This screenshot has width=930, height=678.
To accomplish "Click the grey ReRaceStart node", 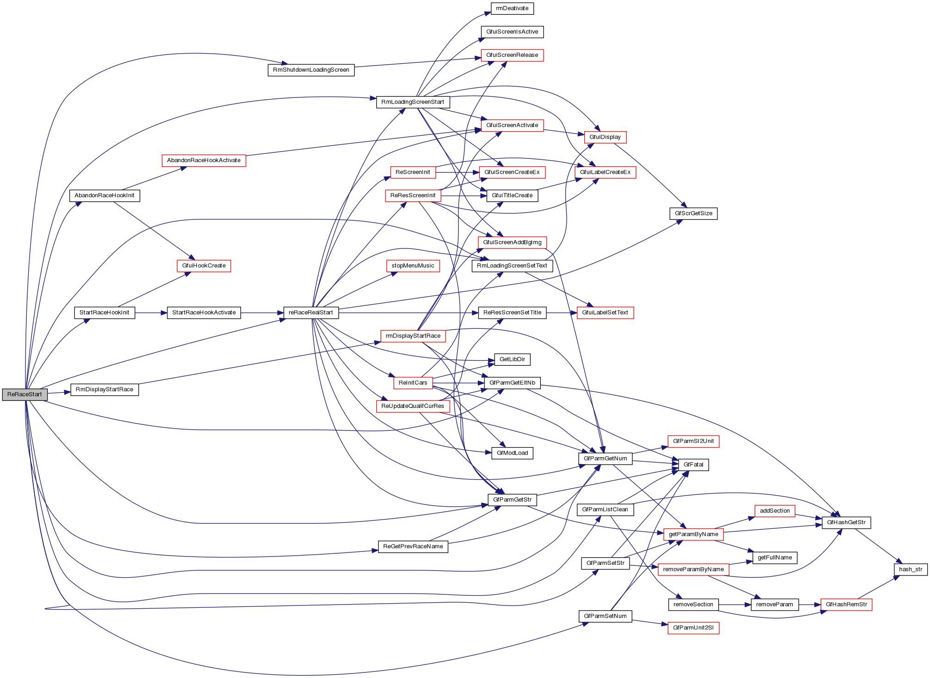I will pyautogui.click(x=24, y=394).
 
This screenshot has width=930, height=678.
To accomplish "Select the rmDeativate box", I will pyautogui.click(x=512, y=8).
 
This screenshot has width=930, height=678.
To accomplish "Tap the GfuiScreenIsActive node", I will pyautogui.click(x=512, y=32).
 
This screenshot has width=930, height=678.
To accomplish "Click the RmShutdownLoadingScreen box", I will pyautogui.click(x=311, y=70).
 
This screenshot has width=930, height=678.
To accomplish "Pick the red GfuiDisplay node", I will pyautogui.click(x=605, y=137).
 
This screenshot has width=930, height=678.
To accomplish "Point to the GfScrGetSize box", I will pyautogui.click(x=693, y=213).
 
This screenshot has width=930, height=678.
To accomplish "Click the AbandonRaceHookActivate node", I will pyautogui.click(x=204, y=160).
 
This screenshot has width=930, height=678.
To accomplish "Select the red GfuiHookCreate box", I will pyautogui.click(x=204, y=266).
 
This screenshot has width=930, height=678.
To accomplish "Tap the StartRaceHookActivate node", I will pyautogui.click(x=204, y=313).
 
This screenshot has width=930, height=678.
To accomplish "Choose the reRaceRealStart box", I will pyautogui.click(x=311, y=313).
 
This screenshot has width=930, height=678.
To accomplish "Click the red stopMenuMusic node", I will pyautogui.click(x=413, y=266).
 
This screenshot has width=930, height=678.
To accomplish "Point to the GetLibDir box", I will pyautogui.click(x=512, y=359).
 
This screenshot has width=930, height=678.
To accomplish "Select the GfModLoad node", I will pyautogui.click(x=512, y=453).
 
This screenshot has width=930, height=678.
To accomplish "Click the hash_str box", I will pyautogui.click(x=911, y=569).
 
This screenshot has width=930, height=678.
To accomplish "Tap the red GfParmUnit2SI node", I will pyautogui.click(x=693, y=628).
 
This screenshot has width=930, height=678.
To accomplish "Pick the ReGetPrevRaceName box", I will pyautogui.click(x=413, y=546).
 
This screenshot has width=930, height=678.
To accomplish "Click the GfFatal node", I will pyautogui.click(x=693, y=465).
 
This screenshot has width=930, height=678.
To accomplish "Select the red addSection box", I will pyautogui.click(x=775, y=511).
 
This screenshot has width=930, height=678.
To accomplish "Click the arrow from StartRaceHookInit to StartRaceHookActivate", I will pyautogui.click(x=151, y=313).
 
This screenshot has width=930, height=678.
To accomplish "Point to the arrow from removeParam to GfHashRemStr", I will pyautogui.click(x=809, y=605).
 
